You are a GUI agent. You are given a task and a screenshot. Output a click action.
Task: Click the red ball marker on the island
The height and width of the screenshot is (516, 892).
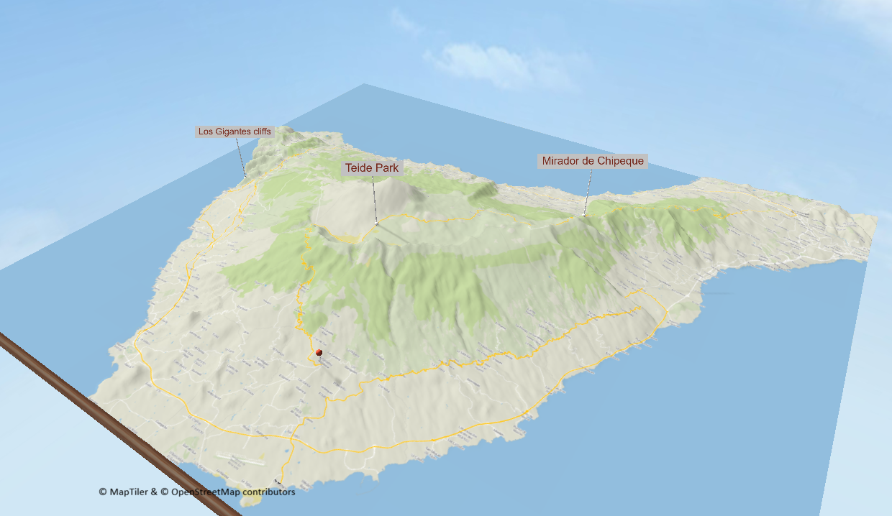[319, 352]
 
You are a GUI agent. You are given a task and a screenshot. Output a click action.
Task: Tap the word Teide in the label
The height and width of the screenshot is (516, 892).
[358, 168]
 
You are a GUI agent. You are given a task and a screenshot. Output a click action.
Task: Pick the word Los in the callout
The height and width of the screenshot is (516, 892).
[206, 132]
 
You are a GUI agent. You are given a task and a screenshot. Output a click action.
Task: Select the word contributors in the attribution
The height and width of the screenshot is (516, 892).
[269, 492]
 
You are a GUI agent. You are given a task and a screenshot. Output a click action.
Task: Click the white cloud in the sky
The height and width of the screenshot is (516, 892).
[496, 65]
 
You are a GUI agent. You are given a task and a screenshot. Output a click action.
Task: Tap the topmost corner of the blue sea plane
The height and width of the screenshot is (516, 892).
[364, 84]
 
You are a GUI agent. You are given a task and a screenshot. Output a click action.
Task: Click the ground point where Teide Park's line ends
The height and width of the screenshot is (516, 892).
[376, 224]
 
